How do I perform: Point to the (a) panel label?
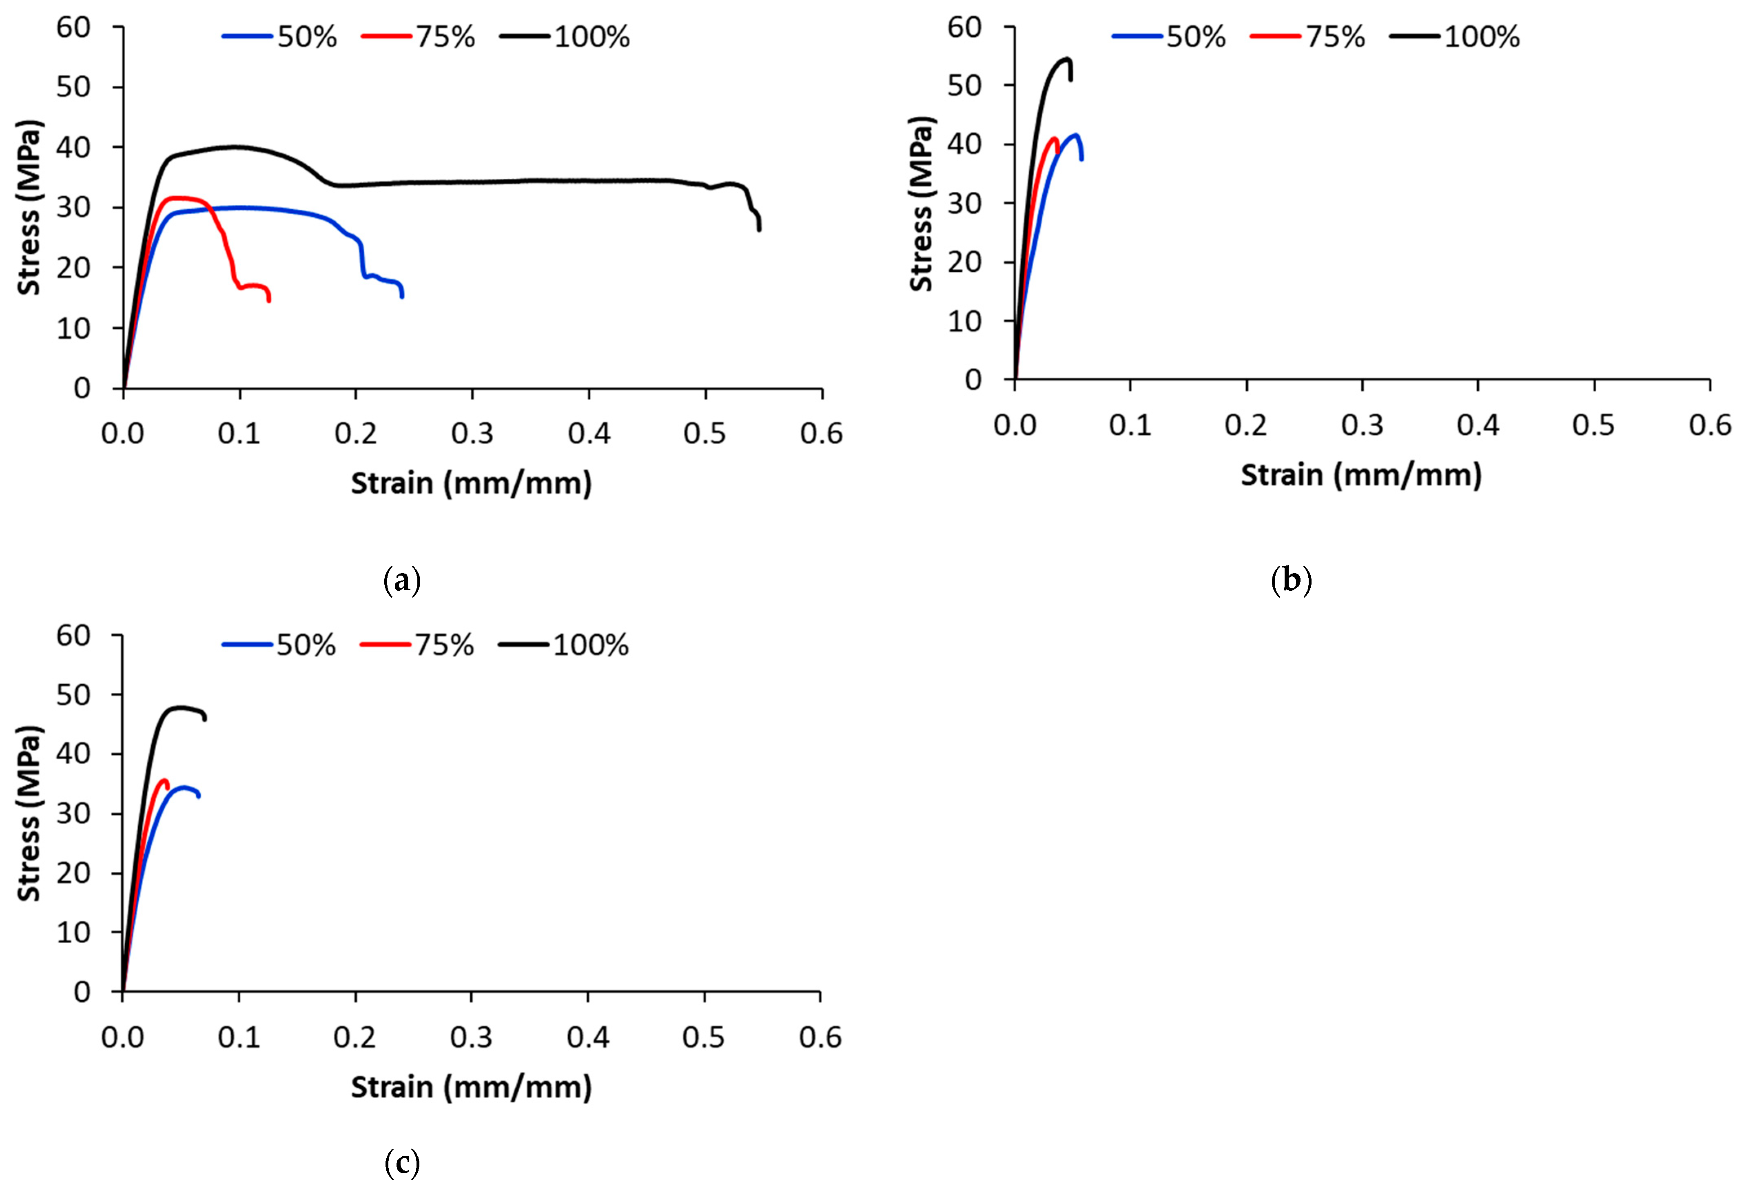(402, 581)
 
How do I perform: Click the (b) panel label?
(1291, 581)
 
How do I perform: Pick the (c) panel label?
(402, 1163)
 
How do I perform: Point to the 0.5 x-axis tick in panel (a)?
(705, 434)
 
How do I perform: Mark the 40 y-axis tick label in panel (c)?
(73, 753)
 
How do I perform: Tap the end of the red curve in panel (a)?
(269, 301)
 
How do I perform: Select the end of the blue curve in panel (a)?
(402, 296)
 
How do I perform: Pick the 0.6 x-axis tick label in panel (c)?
(820, 1037)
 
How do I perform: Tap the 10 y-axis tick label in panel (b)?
(965, 321)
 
